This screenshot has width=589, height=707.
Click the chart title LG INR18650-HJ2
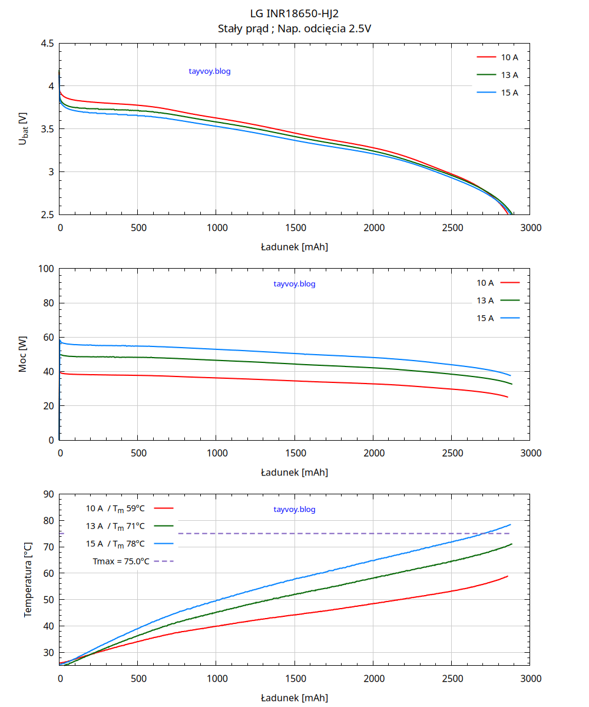(x=294, y=12)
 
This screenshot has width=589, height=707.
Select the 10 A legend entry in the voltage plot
(x=509, y=57)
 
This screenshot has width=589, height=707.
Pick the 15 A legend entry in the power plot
(x=485, y=318)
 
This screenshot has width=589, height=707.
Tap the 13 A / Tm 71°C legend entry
(x=115, y=526)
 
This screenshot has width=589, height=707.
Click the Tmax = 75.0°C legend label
(x=121, y=561)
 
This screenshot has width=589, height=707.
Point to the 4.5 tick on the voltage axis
(x=48, y=44)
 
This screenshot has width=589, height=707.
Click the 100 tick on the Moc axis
(x=45, y=269)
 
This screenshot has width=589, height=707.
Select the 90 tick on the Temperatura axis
(x=48, y=494)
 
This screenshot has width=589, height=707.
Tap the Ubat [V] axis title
(x=23, y=128)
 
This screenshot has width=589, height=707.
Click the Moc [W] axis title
(x=22, y=355)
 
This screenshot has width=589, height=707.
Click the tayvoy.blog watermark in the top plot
(x=210, y=71)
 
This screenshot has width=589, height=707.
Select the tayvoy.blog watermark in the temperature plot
(x=294, y=510)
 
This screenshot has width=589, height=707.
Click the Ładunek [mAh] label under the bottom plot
(x=294, y=698)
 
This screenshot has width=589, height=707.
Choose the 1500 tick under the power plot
(x=294, y=453)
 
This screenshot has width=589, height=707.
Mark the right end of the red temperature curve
(x=508, y=576)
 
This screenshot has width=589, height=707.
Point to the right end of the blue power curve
(x=510, y=375)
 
